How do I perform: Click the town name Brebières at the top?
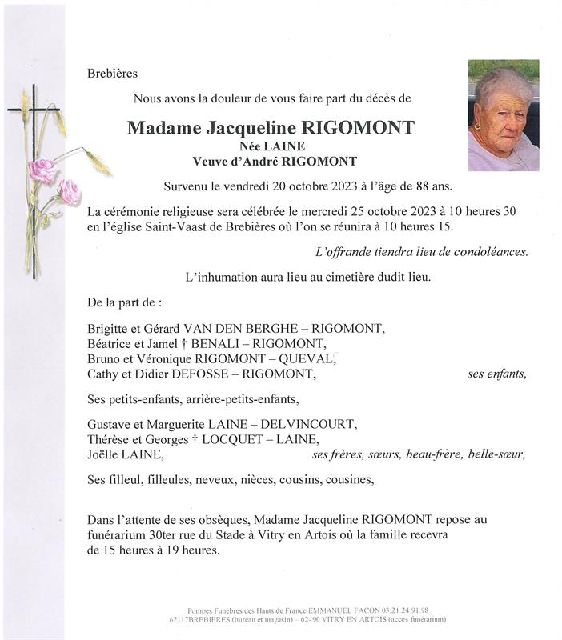coord(112,74)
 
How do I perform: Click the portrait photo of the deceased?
coord(503,115)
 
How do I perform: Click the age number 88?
coord(415,187)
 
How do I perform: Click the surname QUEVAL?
coord(311,358)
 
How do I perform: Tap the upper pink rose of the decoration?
coord(42,170)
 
